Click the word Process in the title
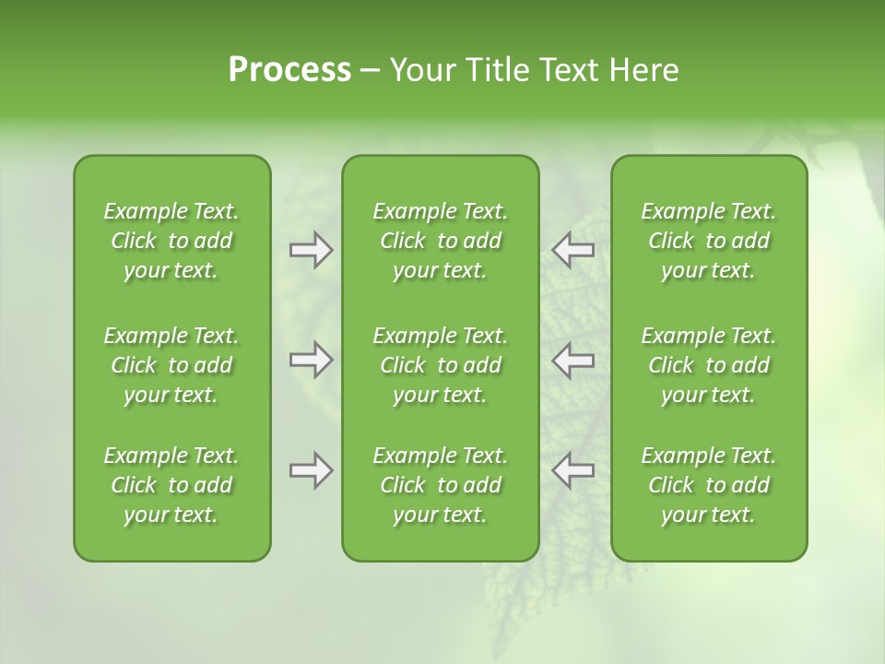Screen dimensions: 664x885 point(289,70)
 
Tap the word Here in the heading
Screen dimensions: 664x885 point(643,70)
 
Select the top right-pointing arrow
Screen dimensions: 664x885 point(311,250)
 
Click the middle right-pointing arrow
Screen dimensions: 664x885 point(311,360)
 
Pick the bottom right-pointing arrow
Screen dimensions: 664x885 point(311,470)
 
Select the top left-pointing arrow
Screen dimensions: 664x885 point(572,250)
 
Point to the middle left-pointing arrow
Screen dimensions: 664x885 point(572,360)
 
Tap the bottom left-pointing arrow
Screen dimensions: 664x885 point(572,470)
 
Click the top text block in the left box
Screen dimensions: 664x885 point(171,241)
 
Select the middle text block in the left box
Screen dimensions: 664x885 point(171,365)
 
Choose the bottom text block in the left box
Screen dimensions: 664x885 point(171,485)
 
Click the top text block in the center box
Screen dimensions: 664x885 point(440,241)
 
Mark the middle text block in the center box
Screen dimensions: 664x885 point(440,365)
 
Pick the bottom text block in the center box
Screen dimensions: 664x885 point(440,485)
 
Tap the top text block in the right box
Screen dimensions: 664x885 point(709,241)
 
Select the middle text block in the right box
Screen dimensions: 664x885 point(709,365)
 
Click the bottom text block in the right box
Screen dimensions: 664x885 point(709,485)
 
